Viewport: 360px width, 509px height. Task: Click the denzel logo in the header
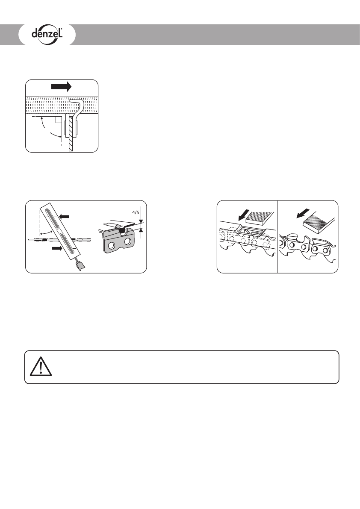pyautogui.click(x=47, y=34)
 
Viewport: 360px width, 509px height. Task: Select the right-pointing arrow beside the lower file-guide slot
pyautogui.click(x=56, y=248)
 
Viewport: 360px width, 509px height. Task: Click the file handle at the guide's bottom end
pyautogui.click(x=80, y=267)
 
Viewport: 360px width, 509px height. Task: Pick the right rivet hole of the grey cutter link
pyautogui.click(x=127, y=243)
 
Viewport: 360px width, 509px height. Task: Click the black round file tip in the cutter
pyautogui.click(x=122, y=230)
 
